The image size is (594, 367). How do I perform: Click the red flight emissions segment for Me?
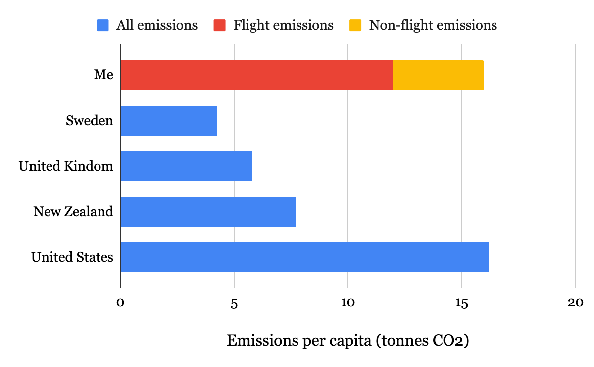coord(256,75)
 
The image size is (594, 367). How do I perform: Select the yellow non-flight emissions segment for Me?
coord(438,75)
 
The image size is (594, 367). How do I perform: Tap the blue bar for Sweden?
coord(168,121)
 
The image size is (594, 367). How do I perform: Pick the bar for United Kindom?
coord(186,166)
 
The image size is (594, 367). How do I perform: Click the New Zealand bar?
coord(208,212)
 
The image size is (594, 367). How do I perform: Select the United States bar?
coord(304,257)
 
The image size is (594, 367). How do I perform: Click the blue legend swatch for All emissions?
coord(102,25)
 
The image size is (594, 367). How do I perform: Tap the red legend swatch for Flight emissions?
coord(220,25)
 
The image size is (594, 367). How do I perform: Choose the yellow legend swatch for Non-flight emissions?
coord(355,25)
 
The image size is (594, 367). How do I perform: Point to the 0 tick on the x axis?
coord(120,303)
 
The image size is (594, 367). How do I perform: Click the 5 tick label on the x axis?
coord(234,303)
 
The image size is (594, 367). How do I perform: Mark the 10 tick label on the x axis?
coord(348,303)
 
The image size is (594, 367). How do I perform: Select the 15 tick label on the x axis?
coord(462,303)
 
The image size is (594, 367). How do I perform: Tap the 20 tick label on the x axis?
coord(576,303)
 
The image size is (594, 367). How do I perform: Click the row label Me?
coord(104,75)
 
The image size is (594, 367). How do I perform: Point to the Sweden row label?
coord(90,121)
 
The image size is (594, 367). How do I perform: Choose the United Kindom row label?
coord(66,166)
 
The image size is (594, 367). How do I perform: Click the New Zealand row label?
coord(73,212)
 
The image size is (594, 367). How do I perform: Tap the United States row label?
coord(72,257)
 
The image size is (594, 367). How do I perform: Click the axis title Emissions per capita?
coord(347,341)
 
